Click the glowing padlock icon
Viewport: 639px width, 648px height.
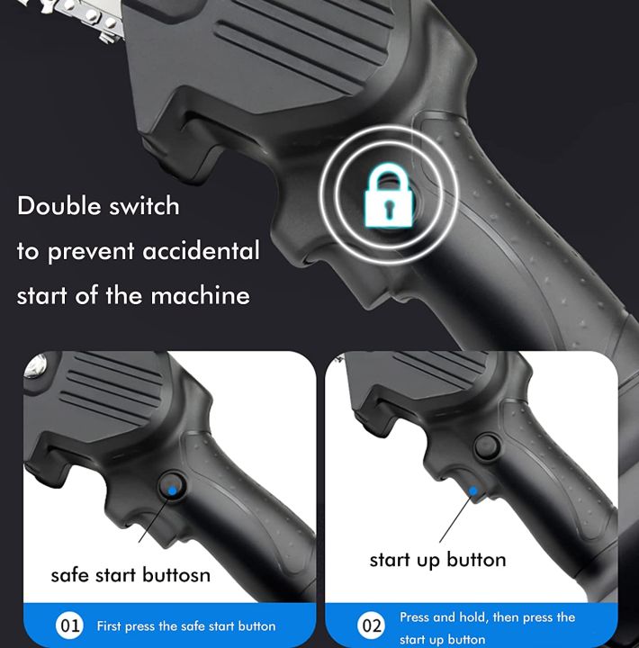389,195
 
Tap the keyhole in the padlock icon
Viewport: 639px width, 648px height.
389,207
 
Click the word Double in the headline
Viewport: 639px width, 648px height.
58,205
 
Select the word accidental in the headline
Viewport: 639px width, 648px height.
201,250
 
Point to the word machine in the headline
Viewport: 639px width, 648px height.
200,295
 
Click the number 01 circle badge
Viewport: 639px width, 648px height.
69,625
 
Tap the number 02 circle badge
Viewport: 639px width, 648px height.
371,625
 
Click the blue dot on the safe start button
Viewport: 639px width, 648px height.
173,490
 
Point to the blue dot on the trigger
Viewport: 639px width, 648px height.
473,491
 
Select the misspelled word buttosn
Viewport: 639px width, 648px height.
176,574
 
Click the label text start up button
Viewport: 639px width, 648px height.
437,560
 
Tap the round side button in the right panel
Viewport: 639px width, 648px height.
487,446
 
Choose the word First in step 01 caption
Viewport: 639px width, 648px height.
109,625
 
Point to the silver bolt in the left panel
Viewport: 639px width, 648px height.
35,366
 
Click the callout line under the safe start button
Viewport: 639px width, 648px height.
155,517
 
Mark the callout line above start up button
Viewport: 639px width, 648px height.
455,517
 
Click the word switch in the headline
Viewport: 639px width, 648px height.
144,205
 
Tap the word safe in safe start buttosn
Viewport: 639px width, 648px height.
70,574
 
